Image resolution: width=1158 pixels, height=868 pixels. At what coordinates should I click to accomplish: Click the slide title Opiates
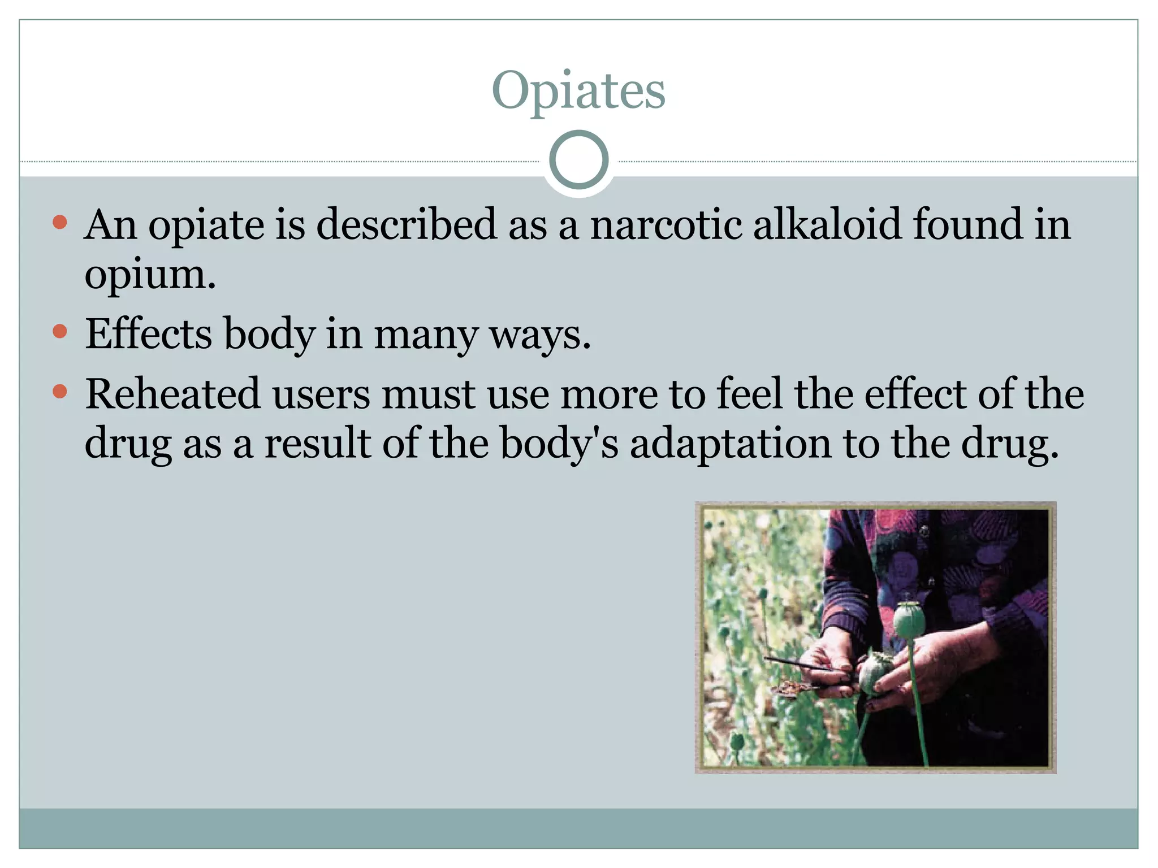578,91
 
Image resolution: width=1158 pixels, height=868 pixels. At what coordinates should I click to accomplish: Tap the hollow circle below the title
578,160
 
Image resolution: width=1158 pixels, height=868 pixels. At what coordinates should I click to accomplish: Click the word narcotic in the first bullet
666,224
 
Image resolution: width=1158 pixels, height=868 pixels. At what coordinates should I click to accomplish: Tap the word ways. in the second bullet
540,335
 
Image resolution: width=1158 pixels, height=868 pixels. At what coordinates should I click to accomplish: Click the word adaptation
730,444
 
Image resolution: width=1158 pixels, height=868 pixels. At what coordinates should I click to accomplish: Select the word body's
559,444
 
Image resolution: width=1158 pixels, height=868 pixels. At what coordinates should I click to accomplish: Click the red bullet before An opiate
59,222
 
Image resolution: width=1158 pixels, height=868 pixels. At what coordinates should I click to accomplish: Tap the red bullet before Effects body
59,331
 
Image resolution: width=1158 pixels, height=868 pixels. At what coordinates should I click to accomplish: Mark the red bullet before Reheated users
59,391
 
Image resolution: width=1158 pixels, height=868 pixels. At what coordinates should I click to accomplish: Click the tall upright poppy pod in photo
909,619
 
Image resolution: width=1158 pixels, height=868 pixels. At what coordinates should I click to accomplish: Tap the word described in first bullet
407,224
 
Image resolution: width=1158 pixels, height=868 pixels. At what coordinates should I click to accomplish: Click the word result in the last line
317,444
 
